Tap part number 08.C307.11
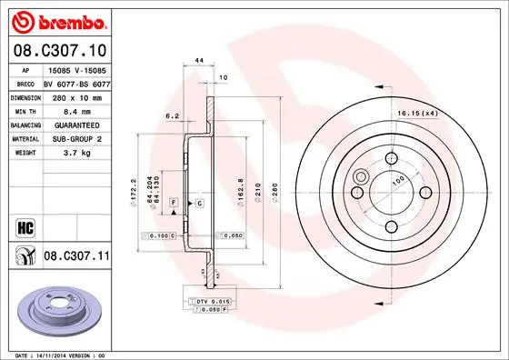[76, 257]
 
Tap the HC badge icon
[24, 225]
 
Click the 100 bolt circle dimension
[396, 181]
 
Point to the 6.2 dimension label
[171, 115]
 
